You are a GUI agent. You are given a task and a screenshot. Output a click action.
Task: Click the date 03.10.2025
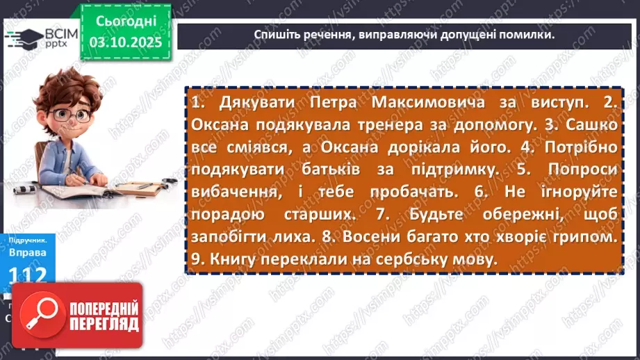(x=126, y=42)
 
